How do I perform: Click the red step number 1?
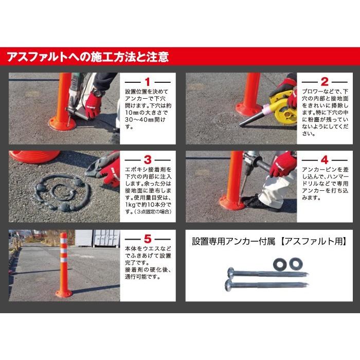(x=147, y=82)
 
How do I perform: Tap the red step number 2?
(x=325, y=82)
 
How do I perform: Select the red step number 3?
(x=147, y=160)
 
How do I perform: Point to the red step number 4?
(x=325, y=160)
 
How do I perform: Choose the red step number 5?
(x=147, y=239)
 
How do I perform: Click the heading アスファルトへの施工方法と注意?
(x=87, y=56)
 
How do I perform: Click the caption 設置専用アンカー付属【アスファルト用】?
(x=269, y=241)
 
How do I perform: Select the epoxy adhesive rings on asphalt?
(x=56, y=191)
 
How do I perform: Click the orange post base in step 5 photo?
(x=64, y=293)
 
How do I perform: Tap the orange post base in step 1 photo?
(x=62, y=123)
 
